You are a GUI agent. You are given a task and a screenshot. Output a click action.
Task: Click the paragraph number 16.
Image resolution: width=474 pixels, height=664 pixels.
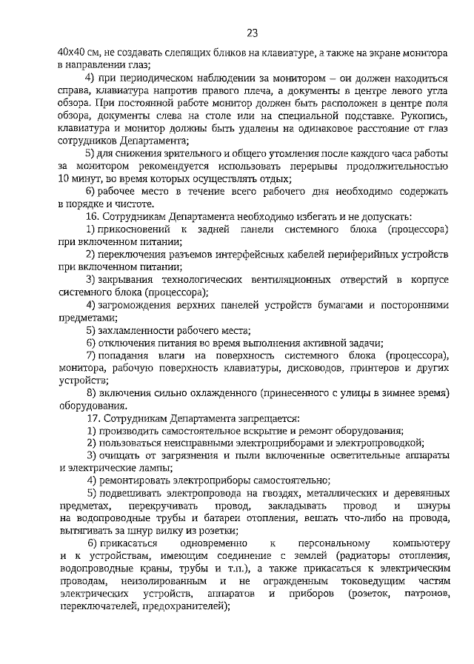tap(93, 217)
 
